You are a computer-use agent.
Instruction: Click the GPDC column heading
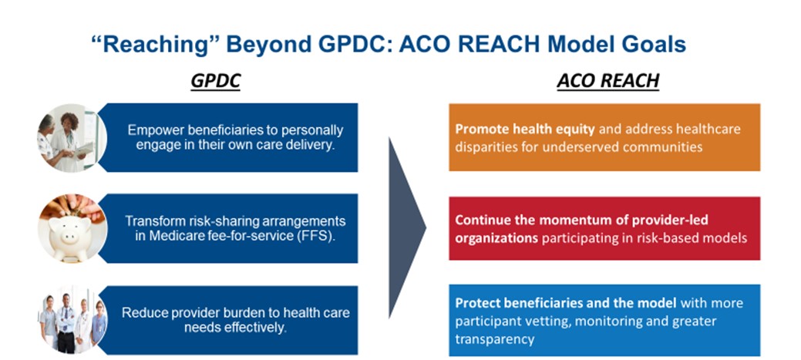216,81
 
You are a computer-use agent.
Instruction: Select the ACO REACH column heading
608,81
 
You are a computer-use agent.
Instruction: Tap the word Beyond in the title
268,45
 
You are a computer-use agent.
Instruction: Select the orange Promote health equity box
604,137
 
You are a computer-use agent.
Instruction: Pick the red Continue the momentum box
604,228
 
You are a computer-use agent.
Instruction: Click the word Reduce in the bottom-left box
141,312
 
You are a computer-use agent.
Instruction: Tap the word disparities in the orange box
484,146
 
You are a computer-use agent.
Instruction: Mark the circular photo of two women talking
72,138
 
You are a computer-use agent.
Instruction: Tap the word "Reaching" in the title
155,45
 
